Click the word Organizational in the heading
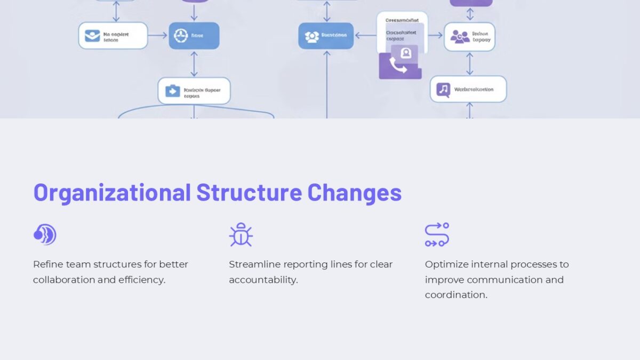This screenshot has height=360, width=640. click(112, 193)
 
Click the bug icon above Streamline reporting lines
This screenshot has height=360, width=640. click(241, 235)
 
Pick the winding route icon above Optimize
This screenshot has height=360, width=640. click(437, 235)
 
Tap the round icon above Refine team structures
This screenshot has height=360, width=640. click(45, 235)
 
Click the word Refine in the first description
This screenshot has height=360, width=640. click(46, 265)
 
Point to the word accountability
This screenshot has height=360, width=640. click(263, 280)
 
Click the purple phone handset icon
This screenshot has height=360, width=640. click(397, 66)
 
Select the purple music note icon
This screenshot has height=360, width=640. click(443, 89)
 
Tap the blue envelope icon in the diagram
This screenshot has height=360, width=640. click(92, 36)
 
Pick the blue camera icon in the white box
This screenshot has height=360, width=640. click(172, 91)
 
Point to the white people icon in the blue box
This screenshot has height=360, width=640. click(311, 36)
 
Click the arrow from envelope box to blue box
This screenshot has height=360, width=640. click(158, 36)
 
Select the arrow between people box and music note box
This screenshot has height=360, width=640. click(469, 63)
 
